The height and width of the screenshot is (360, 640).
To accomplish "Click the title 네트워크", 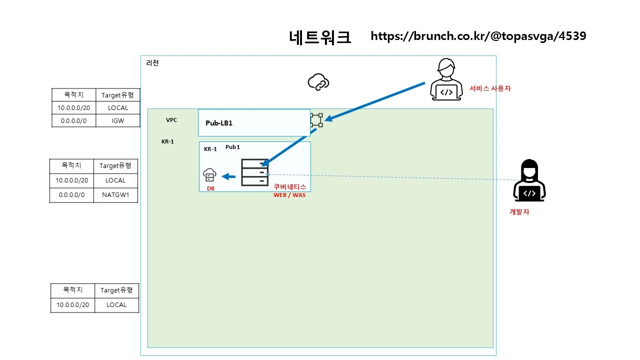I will pos(320,37).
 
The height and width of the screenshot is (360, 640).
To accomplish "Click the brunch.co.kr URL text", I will pos(478,36).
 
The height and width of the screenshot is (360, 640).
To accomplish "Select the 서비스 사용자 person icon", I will pos(446,80).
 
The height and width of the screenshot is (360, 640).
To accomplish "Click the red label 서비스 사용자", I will pos(490,88).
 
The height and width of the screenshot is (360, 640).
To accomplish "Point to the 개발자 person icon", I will pos(529,181).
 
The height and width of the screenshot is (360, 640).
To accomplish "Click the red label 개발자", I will pos(519,212).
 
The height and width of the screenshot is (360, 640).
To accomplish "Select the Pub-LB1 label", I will pos(219,123).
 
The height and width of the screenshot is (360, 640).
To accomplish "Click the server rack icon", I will pos(254,172).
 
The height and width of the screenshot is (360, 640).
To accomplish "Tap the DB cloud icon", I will pos(210,175).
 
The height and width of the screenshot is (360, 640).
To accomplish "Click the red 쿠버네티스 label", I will pos(289,186).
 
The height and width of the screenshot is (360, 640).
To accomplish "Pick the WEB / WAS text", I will pos(289,195).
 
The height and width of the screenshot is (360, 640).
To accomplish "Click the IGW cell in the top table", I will pos(117,120).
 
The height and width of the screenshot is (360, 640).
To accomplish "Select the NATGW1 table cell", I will pos(115,195).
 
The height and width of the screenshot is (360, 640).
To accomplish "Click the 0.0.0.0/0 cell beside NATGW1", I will pos(71,195).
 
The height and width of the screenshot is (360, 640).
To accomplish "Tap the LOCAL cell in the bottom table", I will pos(116,304).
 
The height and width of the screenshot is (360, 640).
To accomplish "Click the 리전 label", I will pos(152,63).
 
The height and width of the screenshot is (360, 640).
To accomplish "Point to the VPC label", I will pos(171,120).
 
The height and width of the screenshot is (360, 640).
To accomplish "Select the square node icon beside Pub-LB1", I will pos(316,120).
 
